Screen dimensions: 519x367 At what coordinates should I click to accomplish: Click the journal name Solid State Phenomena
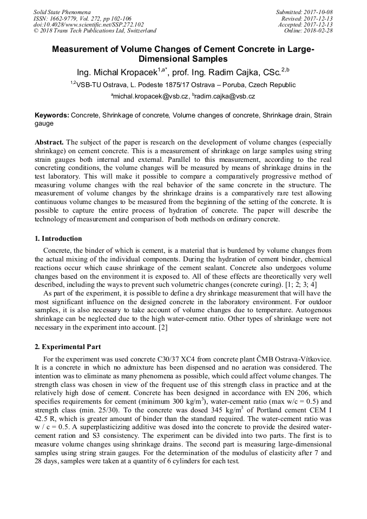tap(62, 12)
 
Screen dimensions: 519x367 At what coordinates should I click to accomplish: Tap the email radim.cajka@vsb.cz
tap(226, 96)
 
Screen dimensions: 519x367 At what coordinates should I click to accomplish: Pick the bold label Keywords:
tap(52, 115)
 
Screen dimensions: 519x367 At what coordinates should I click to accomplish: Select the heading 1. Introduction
tap(58, 239)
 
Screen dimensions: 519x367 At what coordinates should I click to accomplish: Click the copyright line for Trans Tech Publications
tap(95, 31)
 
